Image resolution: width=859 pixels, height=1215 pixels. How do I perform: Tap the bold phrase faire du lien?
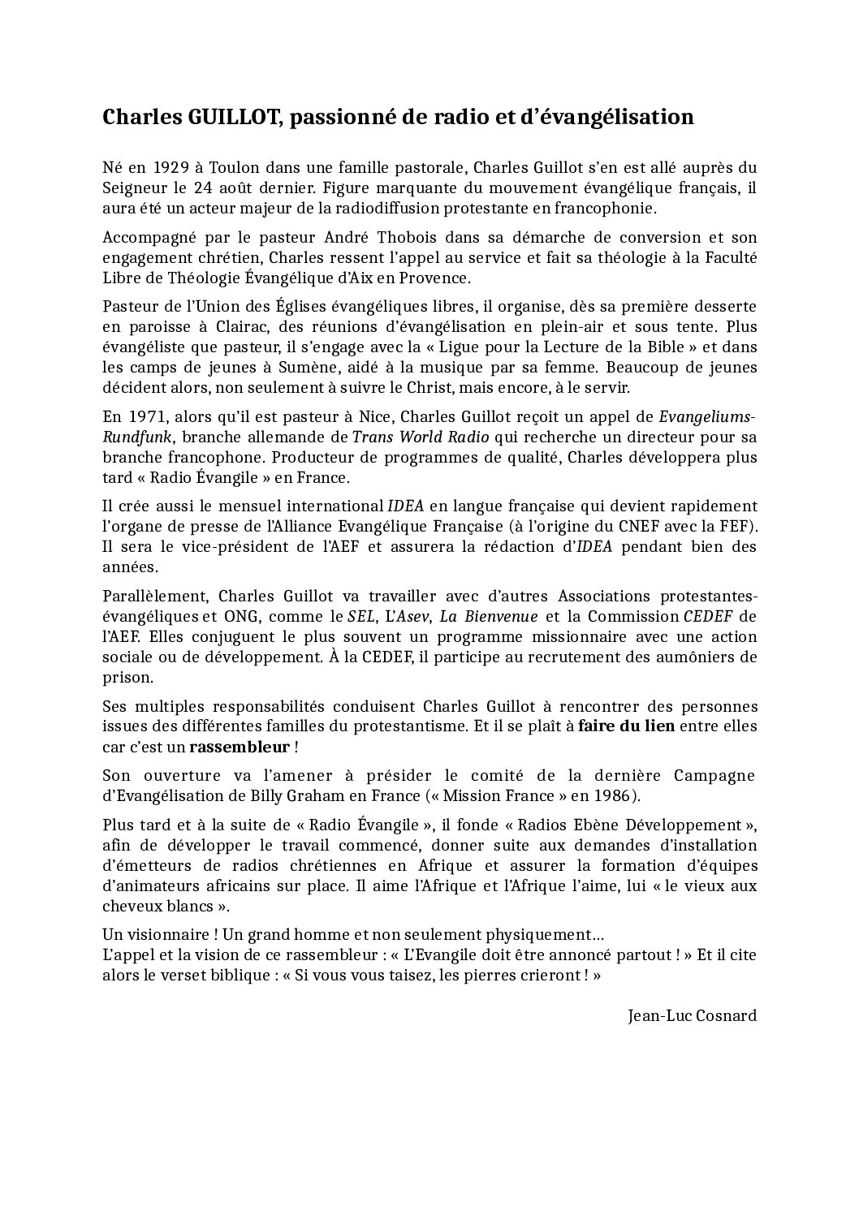626,726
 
